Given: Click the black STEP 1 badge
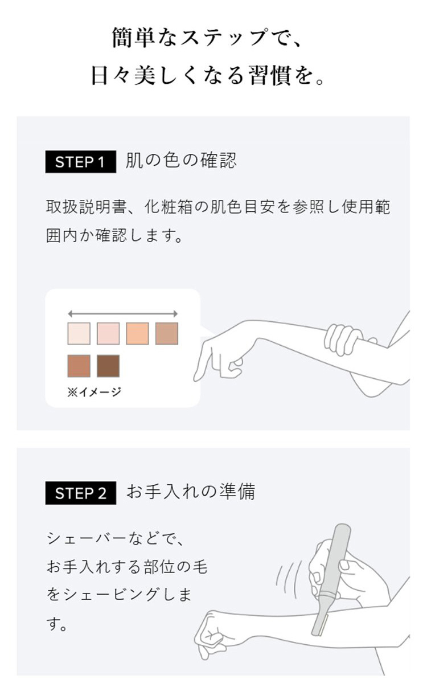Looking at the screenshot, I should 80,162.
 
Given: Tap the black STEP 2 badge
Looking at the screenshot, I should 80,493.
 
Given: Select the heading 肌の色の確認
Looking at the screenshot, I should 180,161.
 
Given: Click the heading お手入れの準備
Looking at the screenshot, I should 190,492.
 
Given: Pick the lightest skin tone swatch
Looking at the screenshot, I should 79,333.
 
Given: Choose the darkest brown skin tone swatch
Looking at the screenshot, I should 108,366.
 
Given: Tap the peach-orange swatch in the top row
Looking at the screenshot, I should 137,333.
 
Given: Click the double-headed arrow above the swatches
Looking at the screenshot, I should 122,313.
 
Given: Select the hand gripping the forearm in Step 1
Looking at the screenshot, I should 345,339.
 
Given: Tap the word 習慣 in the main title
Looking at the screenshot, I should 270,76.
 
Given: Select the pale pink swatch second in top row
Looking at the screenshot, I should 108,333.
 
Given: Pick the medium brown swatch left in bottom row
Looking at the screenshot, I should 79,366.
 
